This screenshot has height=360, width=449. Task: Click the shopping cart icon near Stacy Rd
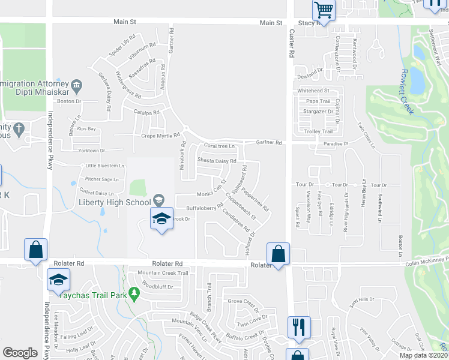(324, 10)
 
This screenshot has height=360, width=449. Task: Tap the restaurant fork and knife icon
(299, 327)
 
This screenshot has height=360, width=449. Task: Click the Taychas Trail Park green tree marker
(134, 293)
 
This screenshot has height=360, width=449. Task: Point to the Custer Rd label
(293, 45)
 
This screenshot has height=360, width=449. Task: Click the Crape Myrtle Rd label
(160, 136)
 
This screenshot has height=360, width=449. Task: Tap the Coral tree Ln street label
(218, 146)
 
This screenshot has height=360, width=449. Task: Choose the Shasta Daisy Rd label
(217, 161)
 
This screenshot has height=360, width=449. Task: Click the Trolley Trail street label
(319, 131)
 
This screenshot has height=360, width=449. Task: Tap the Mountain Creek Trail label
(163, 273)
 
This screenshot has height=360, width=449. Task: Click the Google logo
(20, 352)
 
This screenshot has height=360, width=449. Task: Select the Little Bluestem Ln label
(104, 166)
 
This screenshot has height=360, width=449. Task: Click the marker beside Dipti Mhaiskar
(76, 86)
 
